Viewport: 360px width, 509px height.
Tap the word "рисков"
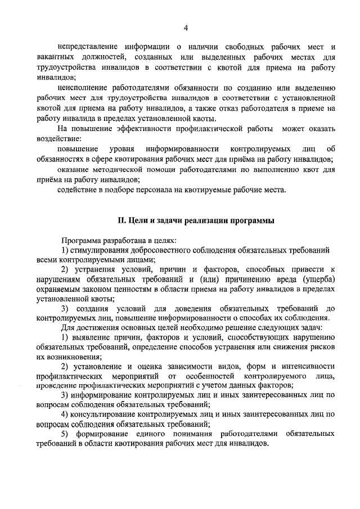324,346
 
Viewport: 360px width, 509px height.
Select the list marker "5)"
64,434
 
